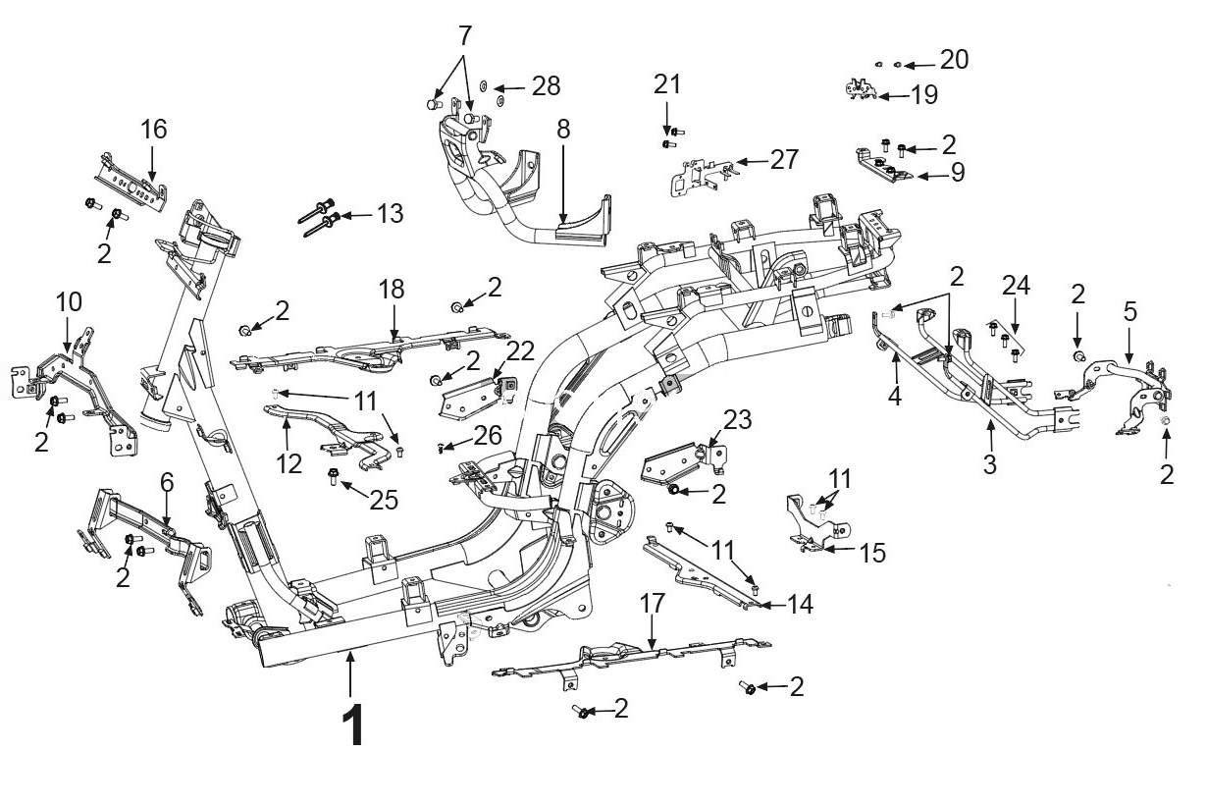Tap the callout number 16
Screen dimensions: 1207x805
(153, 130)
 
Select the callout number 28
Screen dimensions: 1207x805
(546, 86)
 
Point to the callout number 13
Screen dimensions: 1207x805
(390, 214)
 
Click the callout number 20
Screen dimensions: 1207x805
(954, 59)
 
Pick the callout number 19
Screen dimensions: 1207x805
(924, 95)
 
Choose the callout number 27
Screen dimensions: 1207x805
(784, 160)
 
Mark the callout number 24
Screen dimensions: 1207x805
(1016, 286)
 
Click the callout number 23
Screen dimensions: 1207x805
(737, 419)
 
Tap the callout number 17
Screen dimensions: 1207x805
(653, 604)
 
